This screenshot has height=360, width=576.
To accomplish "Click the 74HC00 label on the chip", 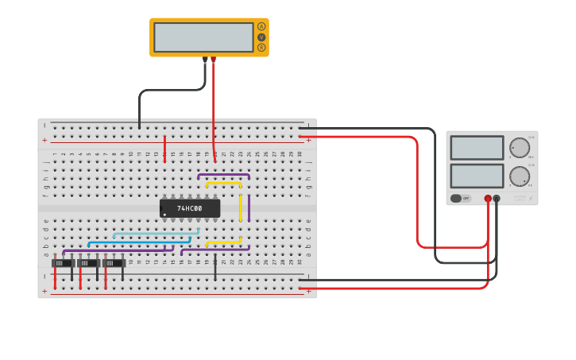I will [190, 208].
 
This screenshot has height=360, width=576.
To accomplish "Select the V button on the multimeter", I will [261, 37].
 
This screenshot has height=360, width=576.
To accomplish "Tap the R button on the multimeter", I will [261, 48].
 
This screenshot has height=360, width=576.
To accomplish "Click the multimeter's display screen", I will [203, 37].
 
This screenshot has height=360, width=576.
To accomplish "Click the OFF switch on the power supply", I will [460, 198].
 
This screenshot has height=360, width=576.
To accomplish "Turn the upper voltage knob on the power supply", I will [519, 148].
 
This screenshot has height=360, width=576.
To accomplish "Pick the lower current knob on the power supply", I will [519, 176].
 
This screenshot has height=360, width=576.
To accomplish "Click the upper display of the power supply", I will [477, 148].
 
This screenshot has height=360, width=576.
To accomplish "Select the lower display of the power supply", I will [477, 176].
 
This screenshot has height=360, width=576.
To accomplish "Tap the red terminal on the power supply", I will [488, 199].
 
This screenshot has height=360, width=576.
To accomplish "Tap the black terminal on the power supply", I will [497, 199].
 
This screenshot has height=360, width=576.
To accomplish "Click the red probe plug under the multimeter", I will [213, 60].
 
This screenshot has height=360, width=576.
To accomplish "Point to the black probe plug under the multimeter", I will [205, 60].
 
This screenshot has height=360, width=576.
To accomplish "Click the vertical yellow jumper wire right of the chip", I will [240, 207].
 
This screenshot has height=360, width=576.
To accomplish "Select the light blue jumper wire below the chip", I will [155, 233].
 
